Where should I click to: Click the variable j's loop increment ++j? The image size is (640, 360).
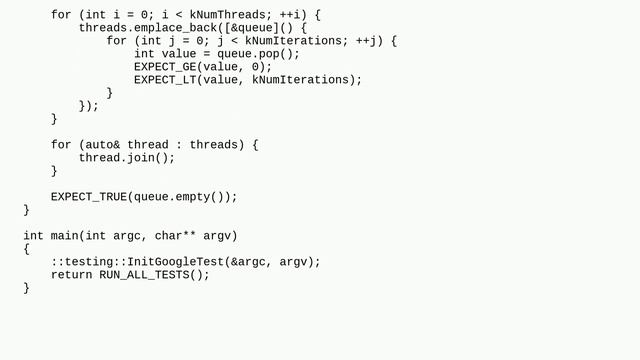[x=369, y=41]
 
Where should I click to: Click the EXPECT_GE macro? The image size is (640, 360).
[x=165, y=67]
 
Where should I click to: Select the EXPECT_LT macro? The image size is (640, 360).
[x=165, y=80]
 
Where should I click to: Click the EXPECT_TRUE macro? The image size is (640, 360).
[x=89, y=197]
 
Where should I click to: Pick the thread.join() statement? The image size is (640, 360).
[x=127, y=158]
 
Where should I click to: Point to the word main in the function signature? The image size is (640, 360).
[x=62, y=236]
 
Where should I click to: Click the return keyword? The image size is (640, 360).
[x=72, y=275]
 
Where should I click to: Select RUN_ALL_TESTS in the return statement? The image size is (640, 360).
[x=141, y=275]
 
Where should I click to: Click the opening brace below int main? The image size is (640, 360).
[x=27, y=249]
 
